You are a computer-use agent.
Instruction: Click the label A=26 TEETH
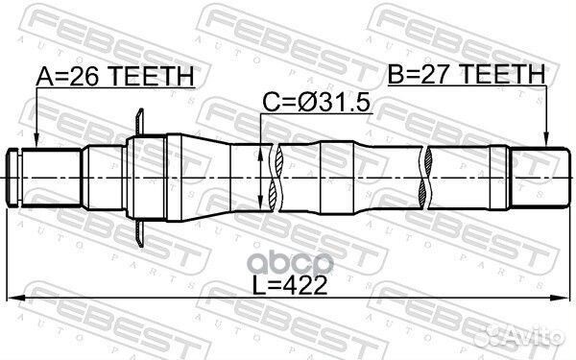click(114, 75)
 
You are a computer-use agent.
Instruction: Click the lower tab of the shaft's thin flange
click(140, 230)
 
